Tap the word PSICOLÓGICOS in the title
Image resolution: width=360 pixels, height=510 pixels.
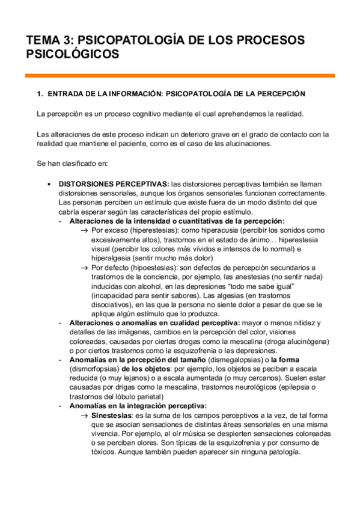pos(72,55)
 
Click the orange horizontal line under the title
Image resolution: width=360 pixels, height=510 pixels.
pos(180,76)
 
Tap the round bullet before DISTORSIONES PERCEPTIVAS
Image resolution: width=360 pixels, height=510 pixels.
pos(48,184)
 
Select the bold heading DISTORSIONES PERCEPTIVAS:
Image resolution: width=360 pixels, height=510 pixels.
pos(113,184)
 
